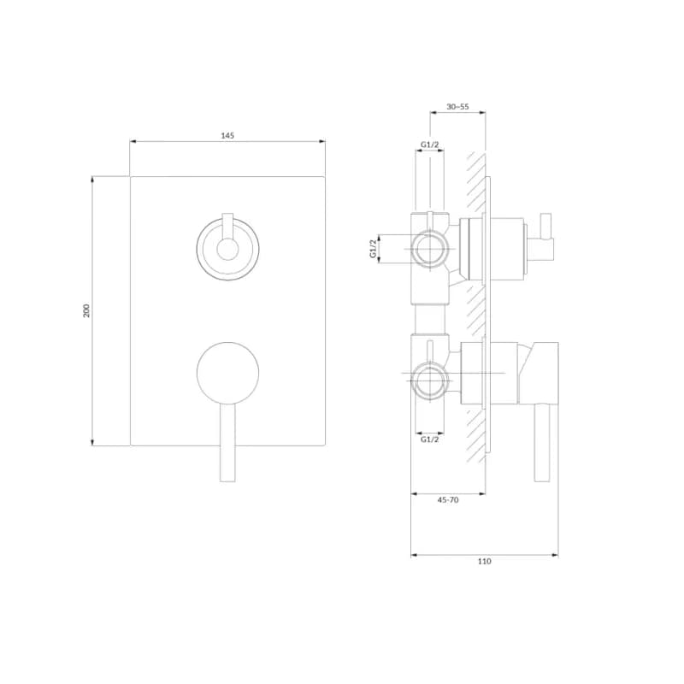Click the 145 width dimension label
tap(227, 136)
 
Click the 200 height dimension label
tap(86, 310)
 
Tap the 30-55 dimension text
tap(457, 106)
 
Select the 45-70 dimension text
tap(448, 500)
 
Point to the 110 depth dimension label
tap(484, 562)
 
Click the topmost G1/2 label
tap(430, 144)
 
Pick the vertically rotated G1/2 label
tap(373, 249)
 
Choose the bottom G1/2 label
tap(430, 439)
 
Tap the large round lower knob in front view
tap(227, 373)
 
